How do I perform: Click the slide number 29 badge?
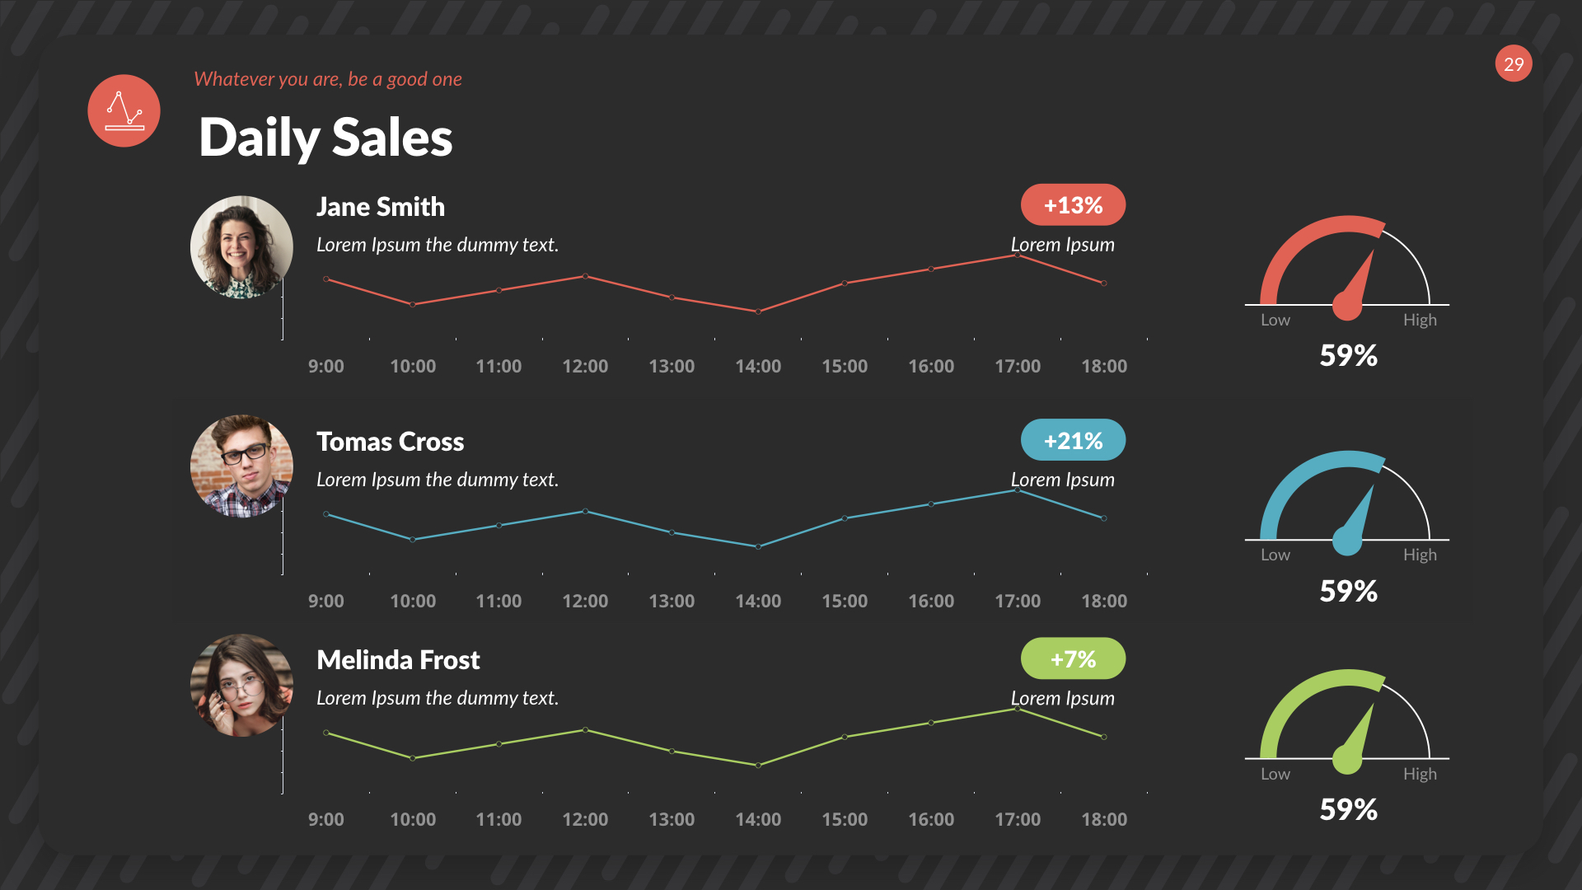(1514, 64)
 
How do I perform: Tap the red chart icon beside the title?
(124, 111)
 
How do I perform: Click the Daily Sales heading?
(325, 137)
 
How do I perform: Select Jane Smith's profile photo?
(241, 246)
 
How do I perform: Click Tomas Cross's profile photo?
(241, 466)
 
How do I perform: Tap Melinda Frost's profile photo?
(241, 685)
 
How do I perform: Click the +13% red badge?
(1073, 205)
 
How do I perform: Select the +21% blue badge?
(1073, 440)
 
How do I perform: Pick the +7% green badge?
(1073, 659)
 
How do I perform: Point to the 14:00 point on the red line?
(758, 311)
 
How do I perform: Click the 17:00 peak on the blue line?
(1018, 490)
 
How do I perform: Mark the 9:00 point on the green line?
(326, 733)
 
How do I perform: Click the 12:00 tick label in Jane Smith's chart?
(585, 366)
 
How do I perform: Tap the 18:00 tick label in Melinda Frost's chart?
(1104, 819)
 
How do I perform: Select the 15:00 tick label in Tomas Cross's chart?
(845, 601)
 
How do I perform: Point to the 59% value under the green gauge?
(1348, 809)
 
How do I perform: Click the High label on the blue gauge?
(1420, 555)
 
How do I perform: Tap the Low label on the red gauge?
(1275, 320)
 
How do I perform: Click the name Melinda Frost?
(398, 660)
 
